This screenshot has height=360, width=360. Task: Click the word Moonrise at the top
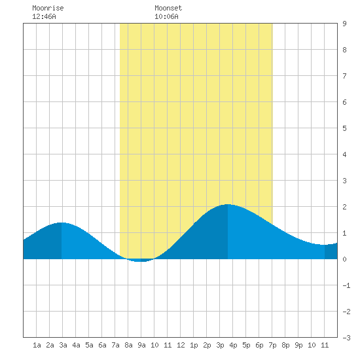click(x=48, y=8)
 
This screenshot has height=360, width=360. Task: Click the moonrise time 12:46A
click(x=44, y=16)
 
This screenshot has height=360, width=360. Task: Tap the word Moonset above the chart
click(x=168, y=8)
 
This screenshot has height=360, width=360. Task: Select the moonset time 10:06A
click(x=166, y=16)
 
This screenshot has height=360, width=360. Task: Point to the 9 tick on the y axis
click(x=344, y=24)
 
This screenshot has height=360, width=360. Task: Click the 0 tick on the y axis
click(x=344, y=259)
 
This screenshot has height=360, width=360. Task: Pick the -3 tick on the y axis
click(x=346, y=338)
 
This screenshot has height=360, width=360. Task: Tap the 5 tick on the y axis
click(x=344, y=128)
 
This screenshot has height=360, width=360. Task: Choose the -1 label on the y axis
click(x=346, y=285)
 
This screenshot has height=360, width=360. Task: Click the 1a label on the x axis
click(x=37, y=345)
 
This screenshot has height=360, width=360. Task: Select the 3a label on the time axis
click(x=63, y=345)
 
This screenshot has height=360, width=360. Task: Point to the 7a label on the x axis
click(x=115, y=345)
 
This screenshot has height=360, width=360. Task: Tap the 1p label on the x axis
click(x=194, y=345)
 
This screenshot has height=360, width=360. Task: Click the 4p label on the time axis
click(x=233, y=345)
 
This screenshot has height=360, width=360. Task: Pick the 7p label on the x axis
click(x=272, y=345)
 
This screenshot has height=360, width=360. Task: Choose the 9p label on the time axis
click(x=298, y=345)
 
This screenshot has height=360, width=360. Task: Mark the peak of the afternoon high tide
click(x=228, y=204)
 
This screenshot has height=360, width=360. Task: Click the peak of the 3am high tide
click(x=62, y=223)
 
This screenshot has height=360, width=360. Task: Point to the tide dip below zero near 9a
click(x=141, y=261)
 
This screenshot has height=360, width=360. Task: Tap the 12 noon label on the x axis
click(x=181, y=345)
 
